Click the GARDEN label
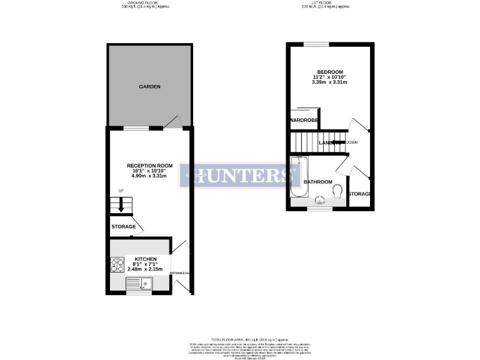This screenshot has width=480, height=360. [150, 87]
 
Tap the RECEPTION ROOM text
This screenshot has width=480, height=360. [149, 166]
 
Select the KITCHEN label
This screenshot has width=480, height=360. [146, 259]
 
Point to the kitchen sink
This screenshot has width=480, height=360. [137, 285]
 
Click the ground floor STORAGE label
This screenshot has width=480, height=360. [124, 226]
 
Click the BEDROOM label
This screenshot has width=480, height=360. [330, 72]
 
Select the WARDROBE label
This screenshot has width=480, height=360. [304, 119]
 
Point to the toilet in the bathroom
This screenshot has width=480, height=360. [338, 190]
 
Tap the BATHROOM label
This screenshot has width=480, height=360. [317, 182]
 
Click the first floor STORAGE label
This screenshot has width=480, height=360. [360, 194]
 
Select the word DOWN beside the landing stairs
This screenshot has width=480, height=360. [352, 142]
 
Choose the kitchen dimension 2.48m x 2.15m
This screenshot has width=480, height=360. [146, 269]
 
